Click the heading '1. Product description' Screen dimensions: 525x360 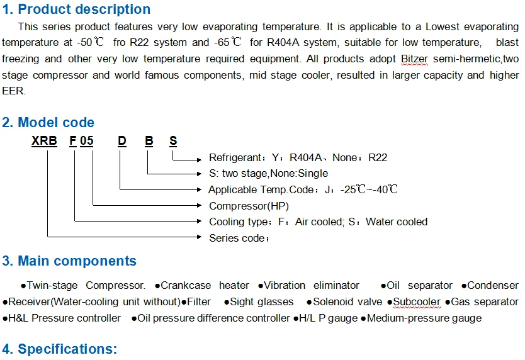pos(76,9)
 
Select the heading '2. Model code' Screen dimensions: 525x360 pos(48,123)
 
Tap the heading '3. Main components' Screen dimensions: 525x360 pos(69,261)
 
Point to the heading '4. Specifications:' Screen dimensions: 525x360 pos(60,349)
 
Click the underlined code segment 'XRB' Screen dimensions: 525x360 pos(43,141)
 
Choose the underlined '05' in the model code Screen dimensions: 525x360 pos(87,141)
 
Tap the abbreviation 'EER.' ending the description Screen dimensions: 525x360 pos(14,91)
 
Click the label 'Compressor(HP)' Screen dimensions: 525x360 pos(249,206)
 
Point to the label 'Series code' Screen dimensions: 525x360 pos(238,238)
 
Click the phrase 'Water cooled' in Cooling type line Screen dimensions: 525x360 pos(397,222)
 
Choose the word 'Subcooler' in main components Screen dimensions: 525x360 pos(417,302)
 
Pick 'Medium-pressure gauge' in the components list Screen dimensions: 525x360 pos(424,318)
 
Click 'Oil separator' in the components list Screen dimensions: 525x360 pos(419,286)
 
